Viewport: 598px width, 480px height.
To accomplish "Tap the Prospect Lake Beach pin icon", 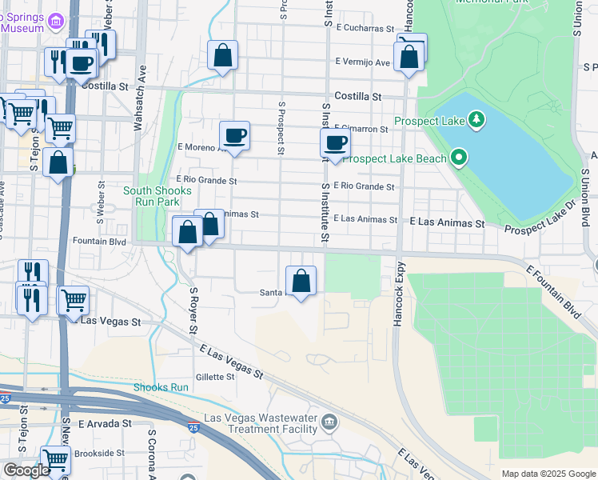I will (459, 158).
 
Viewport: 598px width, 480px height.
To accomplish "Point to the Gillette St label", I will (215, 376).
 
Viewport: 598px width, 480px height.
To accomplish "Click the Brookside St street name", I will (99, 453).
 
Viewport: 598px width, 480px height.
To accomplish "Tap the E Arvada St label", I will (104, 423).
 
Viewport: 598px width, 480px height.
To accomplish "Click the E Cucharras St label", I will (366, 27).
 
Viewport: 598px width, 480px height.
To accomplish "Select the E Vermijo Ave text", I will (363, 62).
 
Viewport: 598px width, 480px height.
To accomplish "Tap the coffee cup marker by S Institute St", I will (335, 143).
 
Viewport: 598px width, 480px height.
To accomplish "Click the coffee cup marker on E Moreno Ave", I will (234, 135).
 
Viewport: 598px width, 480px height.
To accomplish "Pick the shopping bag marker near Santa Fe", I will (301, 281).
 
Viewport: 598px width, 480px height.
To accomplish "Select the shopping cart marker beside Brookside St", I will (54, 460).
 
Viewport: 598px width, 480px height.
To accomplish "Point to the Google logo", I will (26, 470).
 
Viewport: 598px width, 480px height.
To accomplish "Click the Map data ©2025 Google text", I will (548, 474).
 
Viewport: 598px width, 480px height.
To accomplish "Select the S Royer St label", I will (193, 311).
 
